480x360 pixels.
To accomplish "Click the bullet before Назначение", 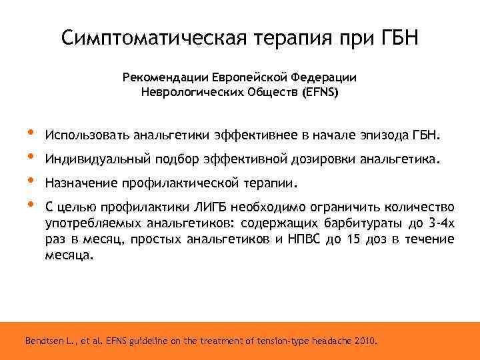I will pos(29,181).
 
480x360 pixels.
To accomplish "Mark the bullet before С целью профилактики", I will pos(29,204).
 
